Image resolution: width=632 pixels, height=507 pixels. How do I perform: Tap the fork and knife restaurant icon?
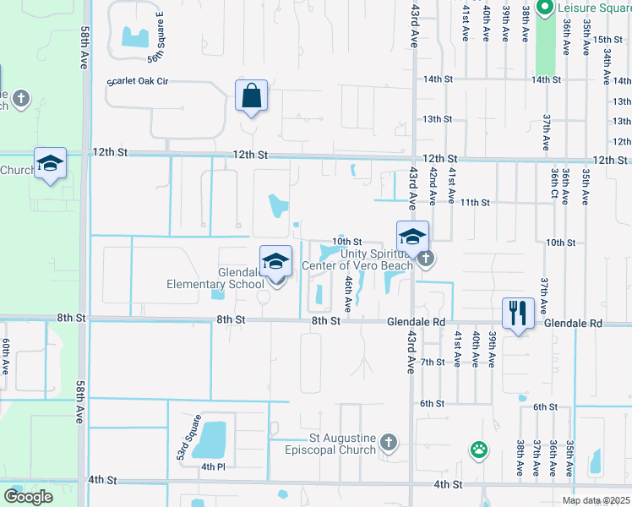[516, 313]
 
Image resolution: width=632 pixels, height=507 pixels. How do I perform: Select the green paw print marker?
[480, 450]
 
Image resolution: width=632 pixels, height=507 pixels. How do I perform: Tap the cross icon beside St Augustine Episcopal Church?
[388, 441]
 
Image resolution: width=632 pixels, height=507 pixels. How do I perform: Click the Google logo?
[28, 497]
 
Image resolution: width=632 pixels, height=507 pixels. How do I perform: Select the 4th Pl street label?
[212, 466]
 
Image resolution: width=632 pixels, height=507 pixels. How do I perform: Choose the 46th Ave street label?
[347, 292]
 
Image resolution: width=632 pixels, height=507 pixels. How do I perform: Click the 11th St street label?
[476, 203]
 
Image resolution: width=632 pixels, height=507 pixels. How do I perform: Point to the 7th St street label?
[433, 362]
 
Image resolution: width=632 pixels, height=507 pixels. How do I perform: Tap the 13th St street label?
[437, 119]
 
